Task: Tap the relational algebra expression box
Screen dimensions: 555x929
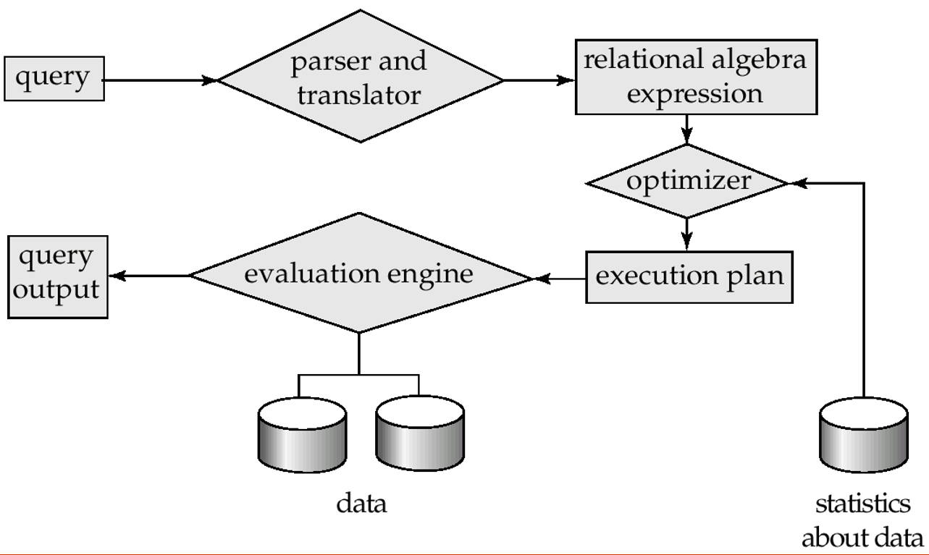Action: point(694,77)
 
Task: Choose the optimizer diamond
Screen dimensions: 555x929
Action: point(686,181)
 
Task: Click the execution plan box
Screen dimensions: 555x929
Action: point(689,276)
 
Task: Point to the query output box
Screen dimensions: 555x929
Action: point(56,275)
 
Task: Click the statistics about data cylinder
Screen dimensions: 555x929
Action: point(863,434)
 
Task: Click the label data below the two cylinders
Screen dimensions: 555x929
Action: point(361,504)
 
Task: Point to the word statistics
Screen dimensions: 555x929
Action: point(863,504)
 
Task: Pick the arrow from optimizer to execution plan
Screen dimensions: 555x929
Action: point(686,234)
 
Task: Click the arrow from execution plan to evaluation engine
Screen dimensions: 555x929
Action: point(559,278)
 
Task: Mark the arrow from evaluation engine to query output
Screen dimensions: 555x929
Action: point(149,276)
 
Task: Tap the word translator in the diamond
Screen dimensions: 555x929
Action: point(359,96)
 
